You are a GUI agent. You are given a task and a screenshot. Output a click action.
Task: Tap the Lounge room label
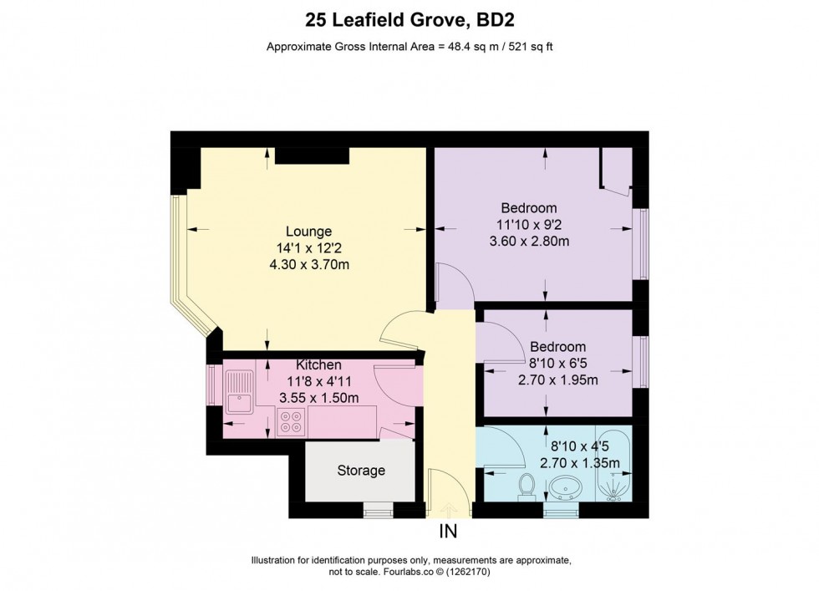(x=308, y=232)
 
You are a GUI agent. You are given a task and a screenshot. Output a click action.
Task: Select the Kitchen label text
(x=318, y=365)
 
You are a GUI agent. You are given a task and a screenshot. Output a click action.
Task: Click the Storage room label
(x=361, y=471)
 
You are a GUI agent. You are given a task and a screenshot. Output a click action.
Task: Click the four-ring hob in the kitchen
(x=292, y=423)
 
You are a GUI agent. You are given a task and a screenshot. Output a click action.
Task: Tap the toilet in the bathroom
(x=526, y=486)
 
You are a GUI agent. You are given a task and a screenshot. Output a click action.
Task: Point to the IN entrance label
(x=448, y=531)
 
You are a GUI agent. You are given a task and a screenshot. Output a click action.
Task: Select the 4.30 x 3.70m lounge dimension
(x=308, y=265)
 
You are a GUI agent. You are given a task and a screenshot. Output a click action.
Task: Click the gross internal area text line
(x=409, y=47)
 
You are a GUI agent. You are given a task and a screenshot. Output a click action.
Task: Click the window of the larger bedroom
(x=641, y=243)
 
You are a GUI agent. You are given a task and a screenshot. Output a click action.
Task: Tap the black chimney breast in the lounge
(x=311, y=155)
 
